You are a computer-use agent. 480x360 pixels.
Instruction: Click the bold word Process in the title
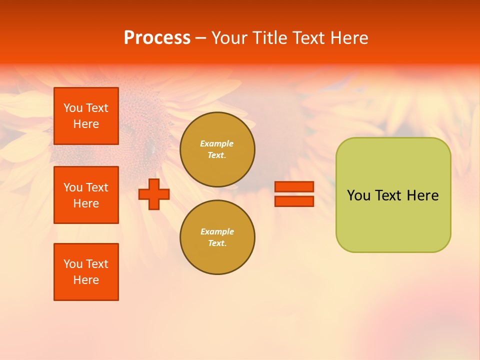[157, 38]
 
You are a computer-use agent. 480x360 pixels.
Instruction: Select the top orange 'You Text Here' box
[86, 116]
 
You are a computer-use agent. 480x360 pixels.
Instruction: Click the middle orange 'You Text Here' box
[86, 195]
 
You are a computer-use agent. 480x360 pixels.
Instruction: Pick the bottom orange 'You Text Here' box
[86, 272]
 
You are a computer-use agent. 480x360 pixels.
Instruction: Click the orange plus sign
[154, 194]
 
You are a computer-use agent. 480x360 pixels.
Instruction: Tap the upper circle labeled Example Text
[217, 149]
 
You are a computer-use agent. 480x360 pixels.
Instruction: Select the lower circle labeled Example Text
[217, 237]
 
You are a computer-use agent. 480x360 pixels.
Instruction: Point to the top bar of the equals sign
[294, 187]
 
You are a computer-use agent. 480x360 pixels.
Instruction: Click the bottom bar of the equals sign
[294, 201]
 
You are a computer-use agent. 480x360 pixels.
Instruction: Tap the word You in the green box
[358, 195]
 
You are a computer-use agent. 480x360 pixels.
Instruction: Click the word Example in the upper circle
[217, 143]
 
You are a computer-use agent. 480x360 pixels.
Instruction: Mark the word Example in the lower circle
[217, 231]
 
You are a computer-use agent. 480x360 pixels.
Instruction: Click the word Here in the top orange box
[86, 124]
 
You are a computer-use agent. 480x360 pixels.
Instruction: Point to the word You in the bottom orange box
[73, 264]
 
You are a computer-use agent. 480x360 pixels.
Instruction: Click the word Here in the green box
[422, 195]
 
